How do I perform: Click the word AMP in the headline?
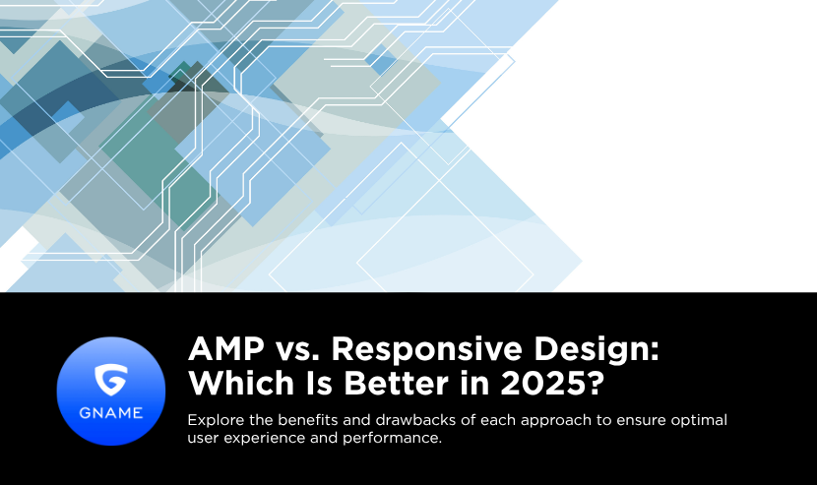(226, 348)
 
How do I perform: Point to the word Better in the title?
(396, 383)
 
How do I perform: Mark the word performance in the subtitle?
(392, 439)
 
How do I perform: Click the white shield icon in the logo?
(111, 380)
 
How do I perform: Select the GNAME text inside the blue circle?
(111, 413)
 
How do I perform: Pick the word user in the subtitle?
(203, 439)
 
